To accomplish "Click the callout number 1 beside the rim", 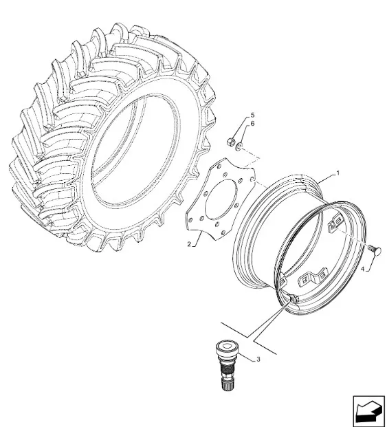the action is coord(338,173).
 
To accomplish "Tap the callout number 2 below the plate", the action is coord(189,244).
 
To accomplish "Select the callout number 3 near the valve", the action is coord(258,360).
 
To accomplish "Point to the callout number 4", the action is coord(362,270).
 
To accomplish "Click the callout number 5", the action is coord(252,115).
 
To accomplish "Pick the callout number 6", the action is coord(252,124).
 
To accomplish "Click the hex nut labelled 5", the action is coord(230,142).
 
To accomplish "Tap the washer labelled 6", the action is coord(239,146).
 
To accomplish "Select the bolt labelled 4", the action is coord(375,250).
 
